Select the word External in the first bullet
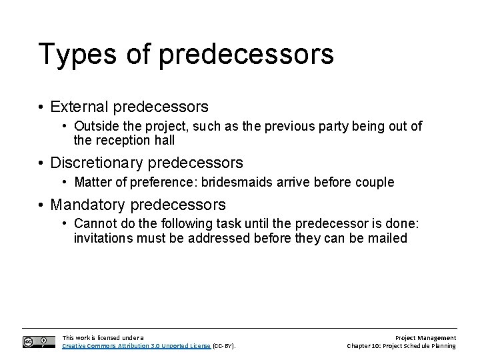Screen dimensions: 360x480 (x=79, y=107)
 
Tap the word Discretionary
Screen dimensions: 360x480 (x=96, y=163)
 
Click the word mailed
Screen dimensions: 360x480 (x=388, y=238)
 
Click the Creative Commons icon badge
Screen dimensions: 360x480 (x=39, y=341)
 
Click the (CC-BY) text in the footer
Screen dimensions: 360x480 (x=225, y=346)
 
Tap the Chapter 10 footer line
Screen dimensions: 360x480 (x=402, y=346)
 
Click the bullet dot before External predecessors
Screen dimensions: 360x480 (x=41, y=107)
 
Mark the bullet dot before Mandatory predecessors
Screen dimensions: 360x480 (x=41, y=204)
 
